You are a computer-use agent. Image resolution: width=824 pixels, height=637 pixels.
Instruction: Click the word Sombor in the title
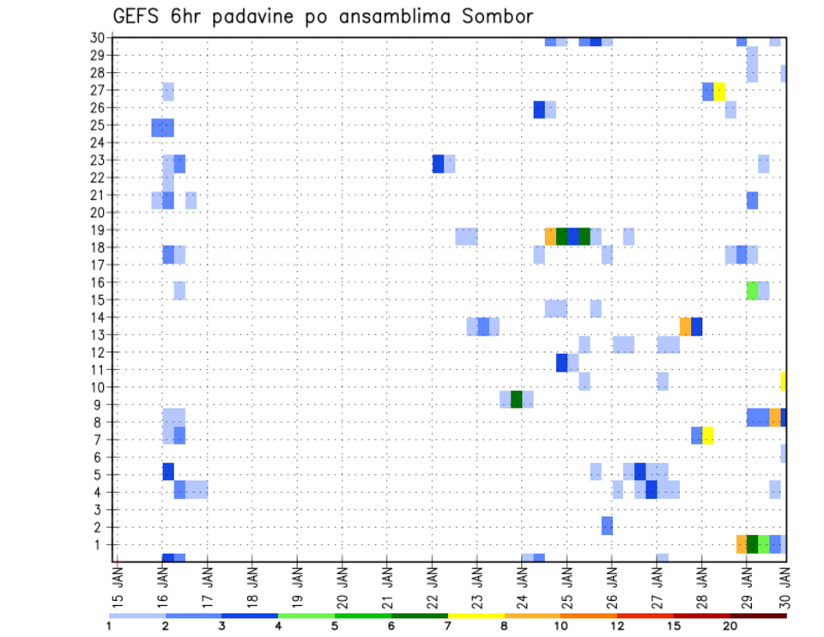(489, 16)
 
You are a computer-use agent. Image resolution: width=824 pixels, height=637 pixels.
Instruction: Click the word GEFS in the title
(136, 16)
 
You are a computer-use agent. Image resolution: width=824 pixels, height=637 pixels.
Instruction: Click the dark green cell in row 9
(517, 399)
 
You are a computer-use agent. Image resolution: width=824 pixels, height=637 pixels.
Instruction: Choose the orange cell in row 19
(550, 236)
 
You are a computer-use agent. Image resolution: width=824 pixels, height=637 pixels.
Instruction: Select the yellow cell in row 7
(708, 435)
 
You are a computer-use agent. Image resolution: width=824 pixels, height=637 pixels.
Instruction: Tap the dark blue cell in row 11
(561, 363)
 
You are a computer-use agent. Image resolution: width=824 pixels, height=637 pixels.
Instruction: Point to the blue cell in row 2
(607, 525)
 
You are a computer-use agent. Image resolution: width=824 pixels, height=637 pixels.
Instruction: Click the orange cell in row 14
(685, 326)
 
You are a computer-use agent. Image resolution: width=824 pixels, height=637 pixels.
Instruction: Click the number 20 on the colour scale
(730, 626)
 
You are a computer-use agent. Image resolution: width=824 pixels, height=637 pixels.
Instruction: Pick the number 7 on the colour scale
(448, 626)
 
